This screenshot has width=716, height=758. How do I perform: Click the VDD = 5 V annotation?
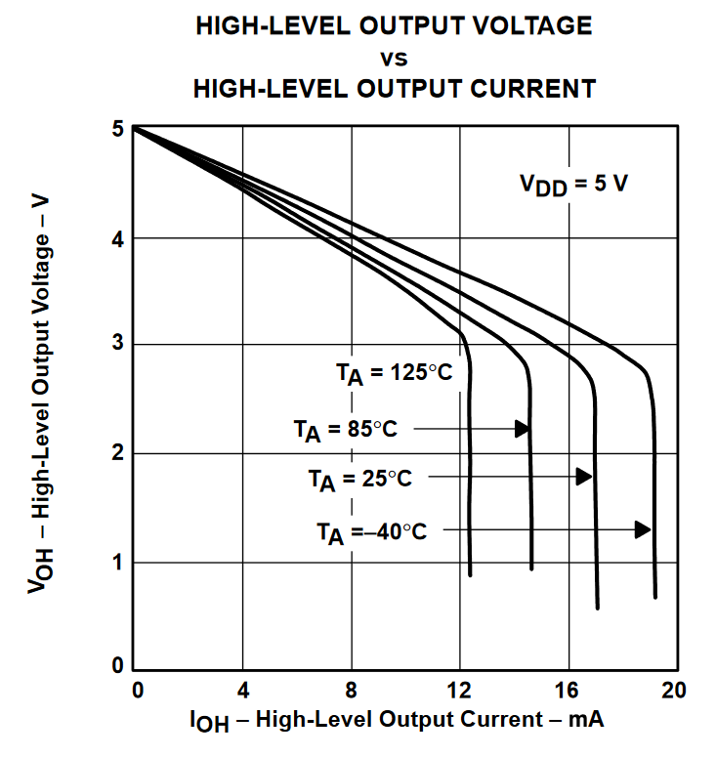[572, 184]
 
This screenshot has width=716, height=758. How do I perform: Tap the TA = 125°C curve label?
[395, 372]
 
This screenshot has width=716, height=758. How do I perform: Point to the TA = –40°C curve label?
[371, 531]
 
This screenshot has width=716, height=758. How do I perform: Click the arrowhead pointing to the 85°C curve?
[523, 429]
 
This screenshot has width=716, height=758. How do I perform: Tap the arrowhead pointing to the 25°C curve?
[584, 477]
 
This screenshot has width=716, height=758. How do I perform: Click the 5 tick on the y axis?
[118, 129]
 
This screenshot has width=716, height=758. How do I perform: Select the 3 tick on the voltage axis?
[118, 345]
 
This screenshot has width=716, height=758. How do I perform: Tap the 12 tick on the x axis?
[458, 691]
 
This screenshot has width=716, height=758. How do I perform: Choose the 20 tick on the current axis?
[674, 691]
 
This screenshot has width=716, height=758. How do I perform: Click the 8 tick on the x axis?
[351, 691]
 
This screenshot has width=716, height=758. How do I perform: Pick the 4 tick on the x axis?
[243, 691]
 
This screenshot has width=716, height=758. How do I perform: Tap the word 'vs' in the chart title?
[394, 57]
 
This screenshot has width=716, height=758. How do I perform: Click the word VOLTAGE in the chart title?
[530, 25]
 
